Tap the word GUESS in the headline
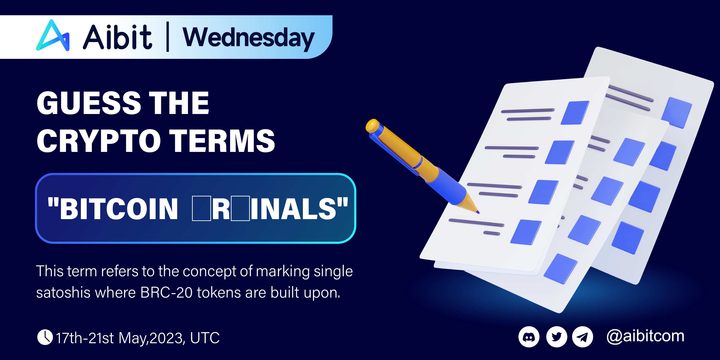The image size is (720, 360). click(x=89, y=103)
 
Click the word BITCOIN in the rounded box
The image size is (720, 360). click(x=119, y=209)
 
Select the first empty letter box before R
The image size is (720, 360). click(x=202, y=209)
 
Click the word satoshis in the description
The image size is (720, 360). click(x=63, y=293)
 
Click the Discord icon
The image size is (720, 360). click(x=529, y=337)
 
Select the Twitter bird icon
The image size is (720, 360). click(x=557, y=337)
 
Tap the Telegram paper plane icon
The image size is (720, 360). click(x=582, y=337)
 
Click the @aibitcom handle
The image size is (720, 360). click(x=645, y=336)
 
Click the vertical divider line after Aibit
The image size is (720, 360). click(x=168, y=37)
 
